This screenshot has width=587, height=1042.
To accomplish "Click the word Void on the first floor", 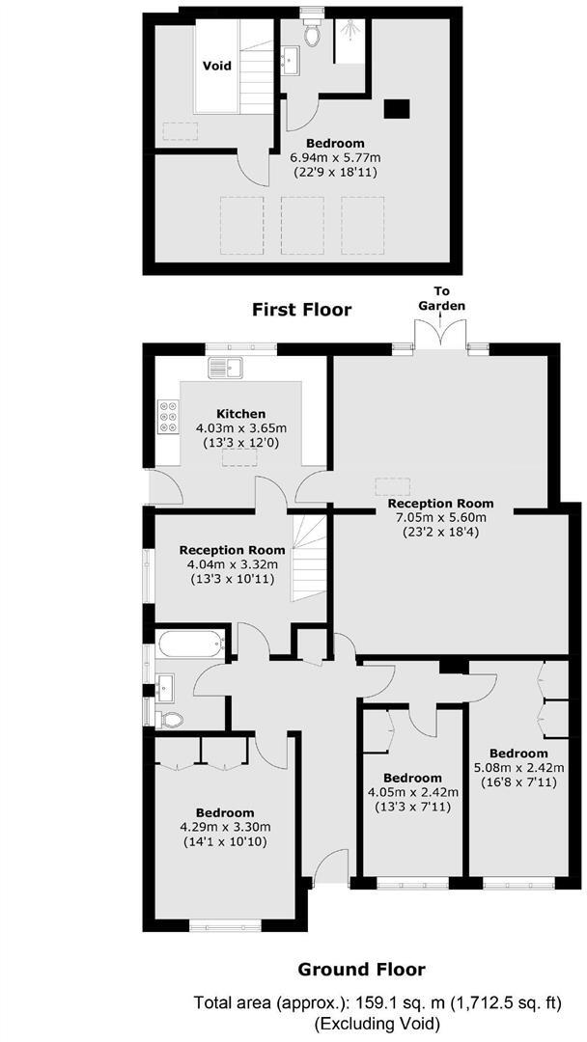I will coord(216,66).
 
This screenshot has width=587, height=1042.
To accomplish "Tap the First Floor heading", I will coord(301,310).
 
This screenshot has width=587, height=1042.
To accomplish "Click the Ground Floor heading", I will coord(361,970).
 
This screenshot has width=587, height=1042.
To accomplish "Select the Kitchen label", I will coord(240,413).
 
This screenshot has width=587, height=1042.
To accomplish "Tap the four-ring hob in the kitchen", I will coord(166,416).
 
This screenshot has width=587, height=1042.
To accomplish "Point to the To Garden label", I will coord(441,298).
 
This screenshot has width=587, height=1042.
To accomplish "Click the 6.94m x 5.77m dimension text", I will coord(337,157).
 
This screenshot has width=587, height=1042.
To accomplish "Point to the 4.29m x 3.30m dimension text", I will coord(224,827).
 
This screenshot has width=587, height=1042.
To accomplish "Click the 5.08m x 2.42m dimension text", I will coord(517,768).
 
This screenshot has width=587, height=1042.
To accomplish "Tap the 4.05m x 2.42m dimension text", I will coord(412,792).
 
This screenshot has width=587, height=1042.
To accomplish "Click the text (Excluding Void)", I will coord(377,1023).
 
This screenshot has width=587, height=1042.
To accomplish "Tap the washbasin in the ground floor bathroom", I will coord(164,686).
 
